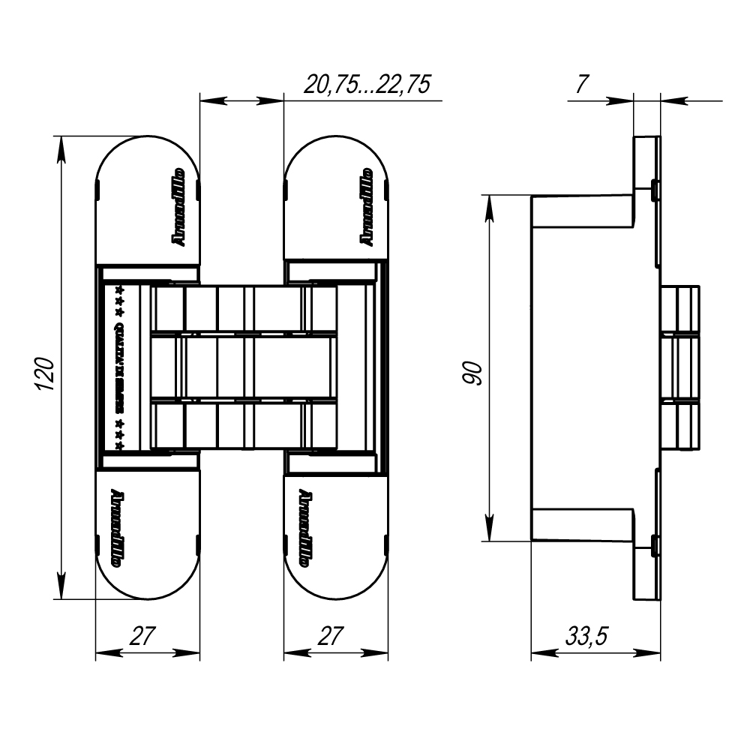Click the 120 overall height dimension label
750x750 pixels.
click(x=45, y=373)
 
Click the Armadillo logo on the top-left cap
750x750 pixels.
click(x=178, y=206)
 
